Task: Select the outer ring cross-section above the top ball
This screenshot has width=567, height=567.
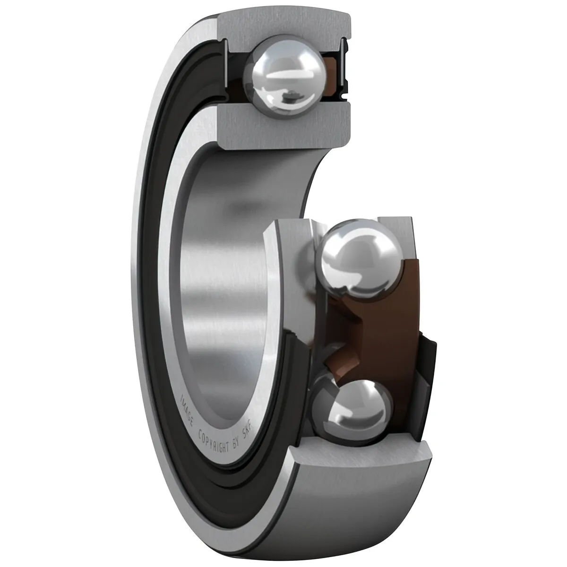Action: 283,26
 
